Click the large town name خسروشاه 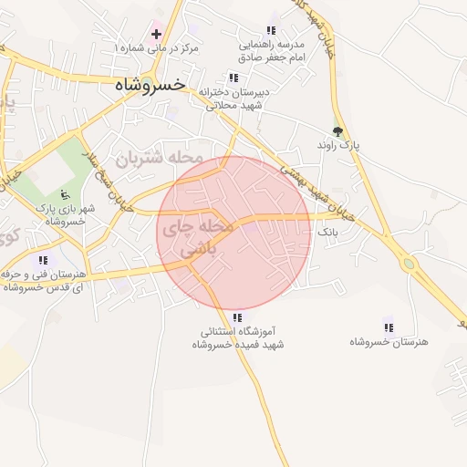pyautogui.click(x=150, y=84)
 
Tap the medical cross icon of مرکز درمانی pyautogui.click(x=157, y=34)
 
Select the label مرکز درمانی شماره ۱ pyautogui.click(x=158, y=47)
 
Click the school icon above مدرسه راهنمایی pyautogui.click(x=270, y=29)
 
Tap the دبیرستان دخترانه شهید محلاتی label pyautogui.click(x=233, y=99)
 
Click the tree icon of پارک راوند pyautogui.click(x=338, y=131)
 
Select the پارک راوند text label pyautogui.click(x=339, y=146)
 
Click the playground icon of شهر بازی pyautogui.click(x=65, y=193)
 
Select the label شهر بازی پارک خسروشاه pyautogui.click(x=65, y=214)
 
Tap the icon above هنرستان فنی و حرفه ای pyautogui.click(x=44, y=261)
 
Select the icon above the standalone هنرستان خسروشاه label pyautogui.click(x=389, y=327)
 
